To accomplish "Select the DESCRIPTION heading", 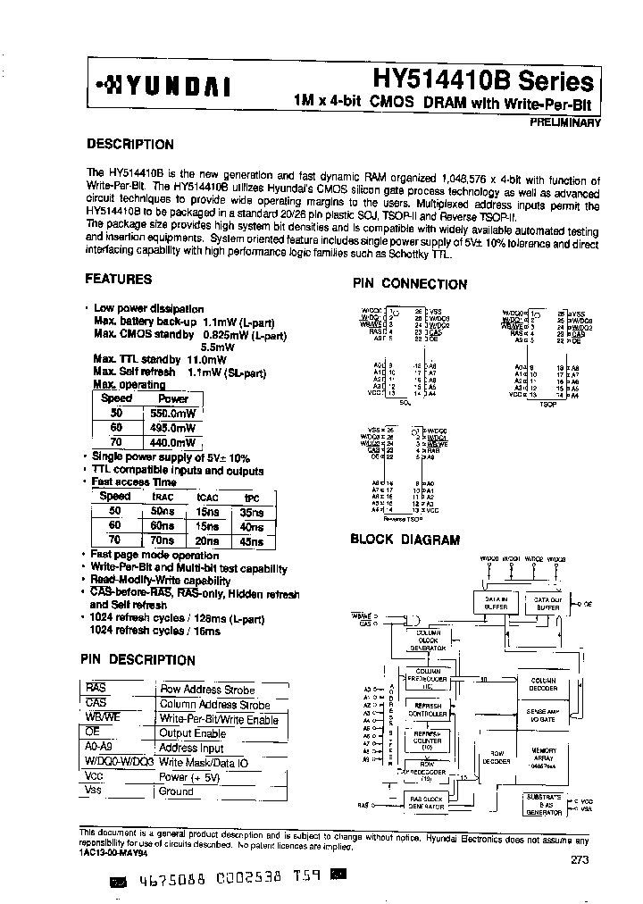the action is tap(129, 145).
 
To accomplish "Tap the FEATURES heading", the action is tap(119, 279).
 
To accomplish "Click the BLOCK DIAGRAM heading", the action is tap(405, 540).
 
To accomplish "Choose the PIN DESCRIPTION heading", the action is tap(138, 660).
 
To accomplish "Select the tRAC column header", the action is tap(163, 498).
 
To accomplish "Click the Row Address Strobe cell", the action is tap(206, 690).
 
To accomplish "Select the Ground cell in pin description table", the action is tap(176, 791).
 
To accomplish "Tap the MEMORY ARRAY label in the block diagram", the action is tap(544, 755).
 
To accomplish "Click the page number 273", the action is tap(578, 859).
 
